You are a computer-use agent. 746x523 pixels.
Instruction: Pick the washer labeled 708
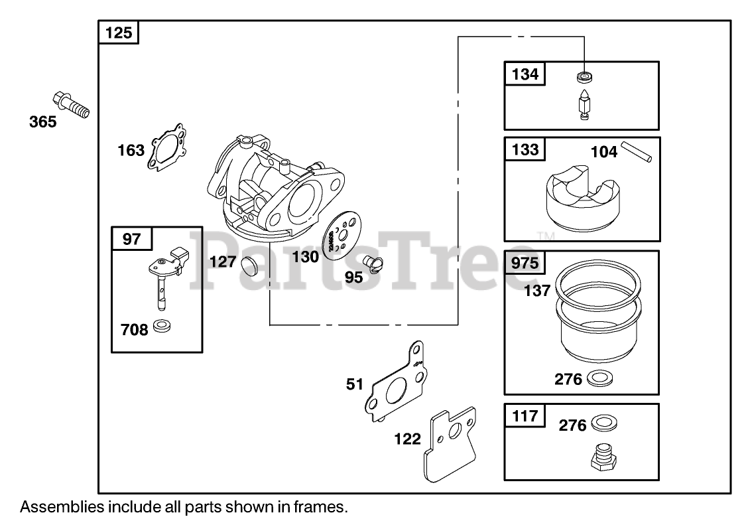tap(161, 327)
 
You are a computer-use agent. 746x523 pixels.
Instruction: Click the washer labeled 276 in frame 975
tap(600, 378)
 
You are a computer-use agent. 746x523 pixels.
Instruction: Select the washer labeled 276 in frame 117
tap(602, 423)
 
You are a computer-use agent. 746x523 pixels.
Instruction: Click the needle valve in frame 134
tap(584, 104)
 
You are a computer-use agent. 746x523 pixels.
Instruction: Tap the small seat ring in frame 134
tap(584, 75)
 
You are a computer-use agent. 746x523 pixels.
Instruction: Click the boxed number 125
tap(119, 32)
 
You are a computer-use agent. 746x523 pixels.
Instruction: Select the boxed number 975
tap(525, 263)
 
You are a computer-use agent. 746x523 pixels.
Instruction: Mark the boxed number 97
tap(132, 238)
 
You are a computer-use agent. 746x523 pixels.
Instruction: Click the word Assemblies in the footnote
tap(60, 508)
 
